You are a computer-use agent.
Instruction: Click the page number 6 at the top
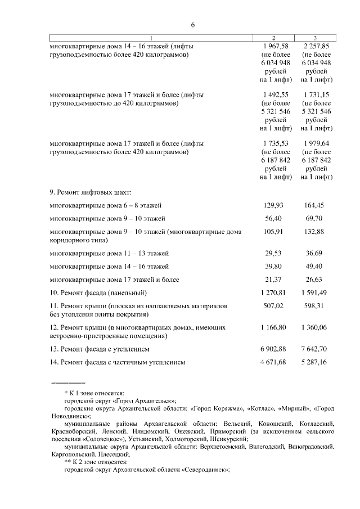(192, 25)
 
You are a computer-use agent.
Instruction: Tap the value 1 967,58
(275, 46)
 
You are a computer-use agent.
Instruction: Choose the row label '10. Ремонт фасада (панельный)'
(98, 293)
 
